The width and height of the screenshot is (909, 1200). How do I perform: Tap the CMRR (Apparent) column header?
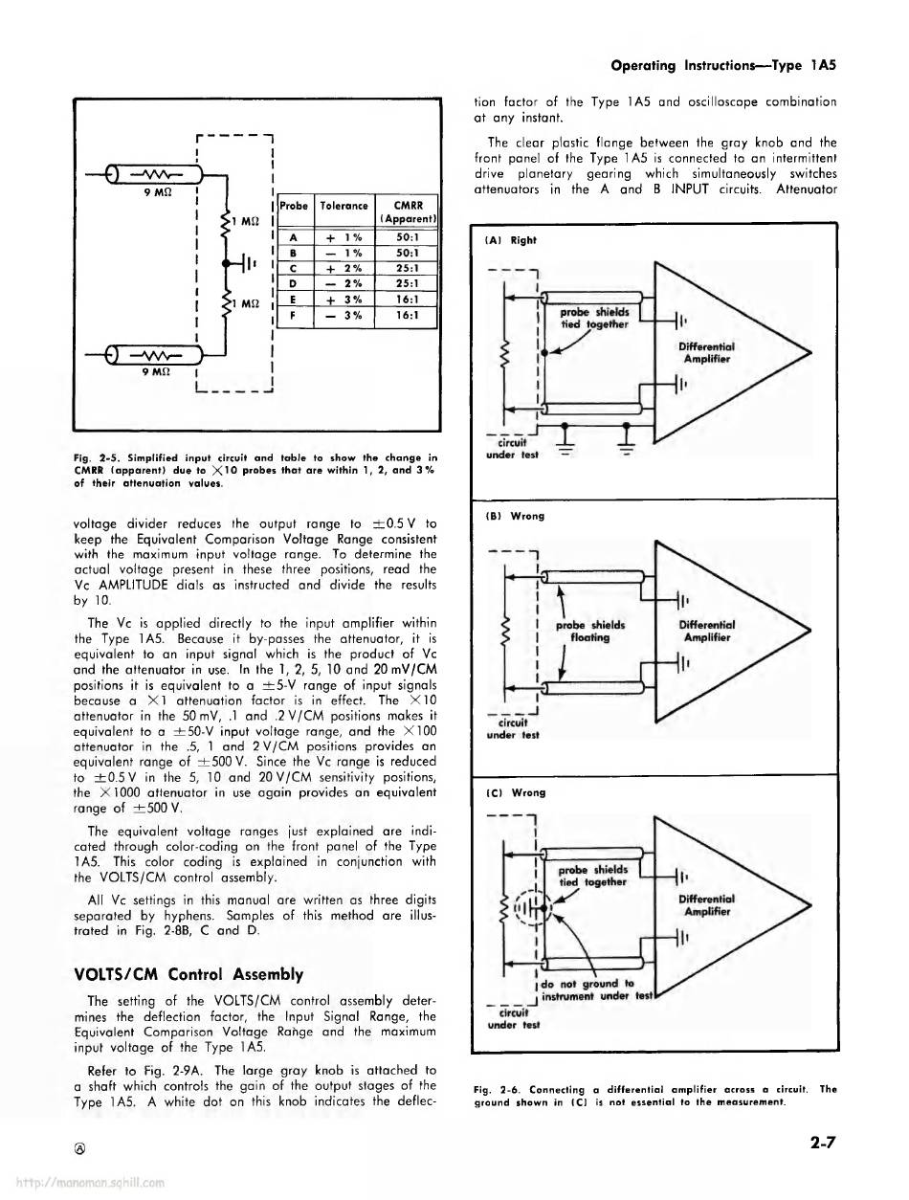click(x=409, y=210)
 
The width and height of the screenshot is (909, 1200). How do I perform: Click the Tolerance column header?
click(x=344, y=205)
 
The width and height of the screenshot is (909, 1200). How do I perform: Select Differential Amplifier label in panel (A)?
click(x=707, y=352)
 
